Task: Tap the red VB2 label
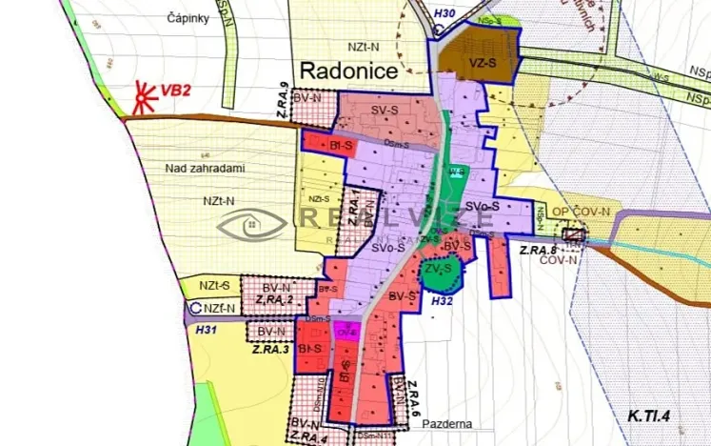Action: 176,91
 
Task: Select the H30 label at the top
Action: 444,13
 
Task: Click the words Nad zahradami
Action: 205,168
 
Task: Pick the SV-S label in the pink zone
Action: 385,111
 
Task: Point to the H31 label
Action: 207,330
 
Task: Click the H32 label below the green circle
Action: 442,300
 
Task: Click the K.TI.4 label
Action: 650,416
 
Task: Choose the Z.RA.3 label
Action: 270,350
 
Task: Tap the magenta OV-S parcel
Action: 346,334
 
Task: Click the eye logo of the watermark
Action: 251,224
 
